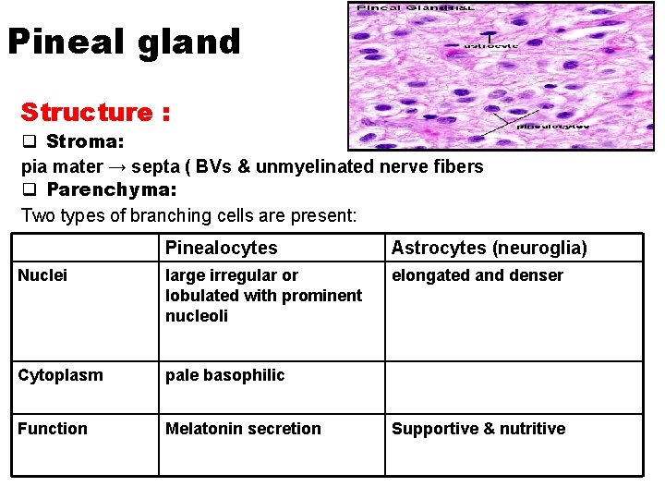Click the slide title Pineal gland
(124, 43)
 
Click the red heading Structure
(95, 113)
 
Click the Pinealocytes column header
(221, 248)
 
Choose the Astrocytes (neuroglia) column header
(489, 248)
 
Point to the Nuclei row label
(42, 275)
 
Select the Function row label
(53, 429)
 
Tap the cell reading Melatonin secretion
(243, 429)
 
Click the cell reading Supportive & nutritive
(478, 429)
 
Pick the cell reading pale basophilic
(224, 375)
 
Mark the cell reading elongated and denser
(477, 275)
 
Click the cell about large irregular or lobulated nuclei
(263, 296)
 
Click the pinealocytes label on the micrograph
(552, 126)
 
